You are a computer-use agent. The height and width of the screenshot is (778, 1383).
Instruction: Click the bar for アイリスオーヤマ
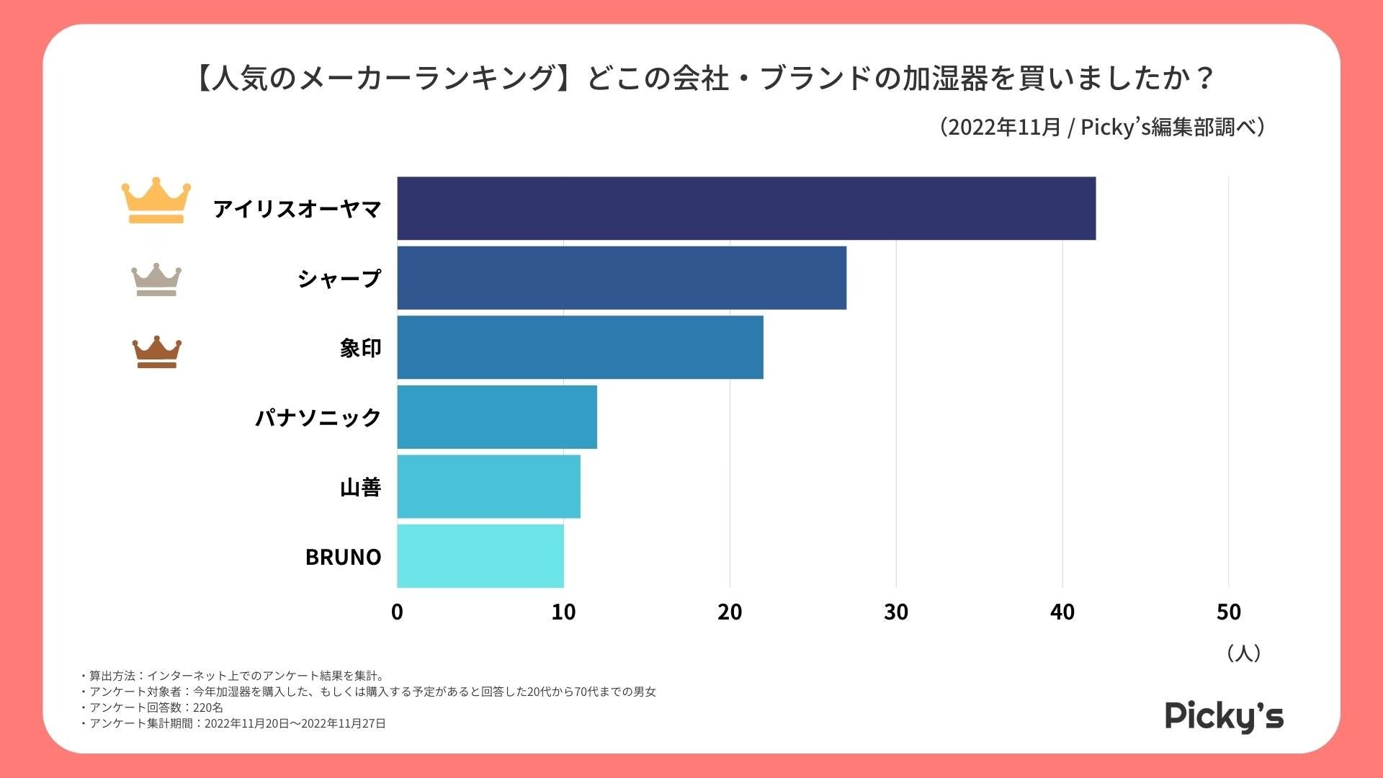[746, 208]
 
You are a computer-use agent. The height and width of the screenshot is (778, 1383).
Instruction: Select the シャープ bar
[621, 278]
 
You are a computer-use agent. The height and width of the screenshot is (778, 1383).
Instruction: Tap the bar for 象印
[580, 347]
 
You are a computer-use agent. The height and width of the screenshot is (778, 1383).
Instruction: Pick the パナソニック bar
[497, 417]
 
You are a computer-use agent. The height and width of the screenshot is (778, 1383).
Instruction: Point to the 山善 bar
[488, 486]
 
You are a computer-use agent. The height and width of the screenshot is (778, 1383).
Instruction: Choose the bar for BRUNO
[480, 556]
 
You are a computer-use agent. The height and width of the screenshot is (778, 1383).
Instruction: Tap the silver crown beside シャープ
[156, 280]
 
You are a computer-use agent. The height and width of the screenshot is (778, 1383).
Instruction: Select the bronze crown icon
[156, 352]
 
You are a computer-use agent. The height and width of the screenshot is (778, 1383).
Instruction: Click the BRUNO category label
[343, 557]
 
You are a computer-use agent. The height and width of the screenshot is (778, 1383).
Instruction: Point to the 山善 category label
[360, 488]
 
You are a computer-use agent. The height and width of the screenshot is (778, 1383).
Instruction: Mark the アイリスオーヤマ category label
[297, 209]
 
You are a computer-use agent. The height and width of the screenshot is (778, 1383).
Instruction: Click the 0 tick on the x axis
[397, 612]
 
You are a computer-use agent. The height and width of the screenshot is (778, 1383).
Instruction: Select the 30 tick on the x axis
[896, 612]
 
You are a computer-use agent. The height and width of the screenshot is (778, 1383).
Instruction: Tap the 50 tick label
[1228, 612]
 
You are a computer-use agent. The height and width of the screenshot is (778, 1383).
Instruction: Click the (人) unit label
[1243, 653]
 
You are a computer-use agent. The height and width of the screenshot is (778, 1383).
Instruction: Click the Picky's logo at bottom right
[1224, 716]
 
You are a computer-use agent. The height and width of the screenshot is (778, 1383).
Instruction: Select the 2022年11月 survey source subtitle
[1102, 127]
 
